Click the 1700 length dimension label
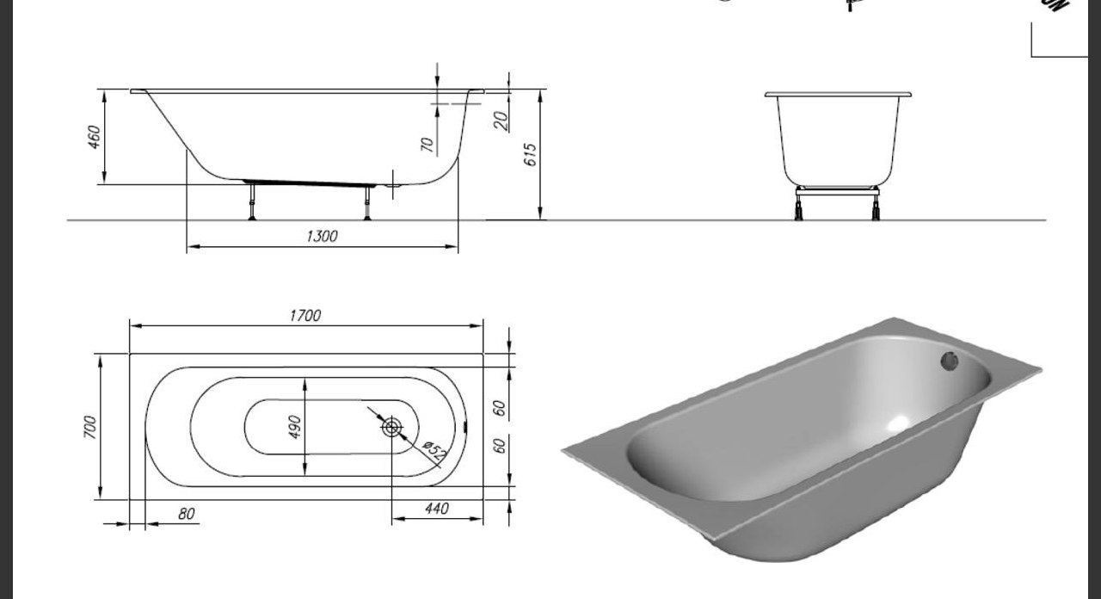[x=305, y=315]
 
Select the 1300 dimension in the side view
[x=322, y=236]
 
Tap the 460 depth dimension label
[x=94, y=137]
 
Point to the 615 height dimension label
[x=531, y=155]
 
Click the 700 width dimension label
[x=90, y=427]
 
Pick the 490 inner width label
[x=294, y=427]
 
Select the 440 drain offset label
[x=436, y=509]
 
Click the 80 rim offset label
[x=187, y=514]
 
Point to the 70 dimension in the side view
[x=427, y=145]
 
